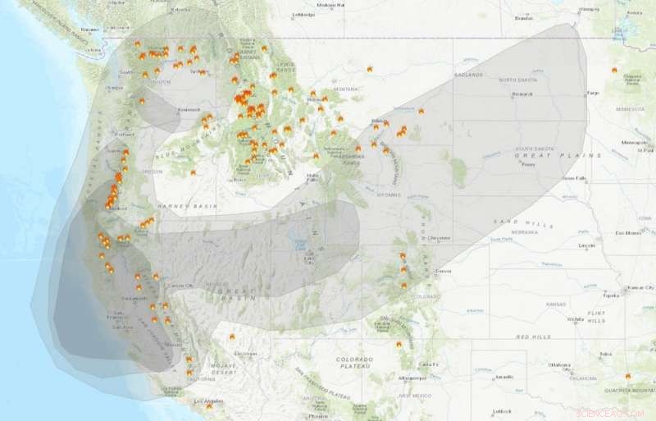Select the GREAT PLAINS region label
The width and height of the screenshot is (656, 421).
coord(557,155)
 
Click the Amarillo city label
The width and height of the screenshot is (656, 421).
coord(503,377)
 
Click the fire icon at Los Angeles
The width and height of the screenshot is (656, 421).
coord(209,405)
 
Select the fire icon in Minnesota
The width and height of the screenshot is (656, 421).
coord(614,70)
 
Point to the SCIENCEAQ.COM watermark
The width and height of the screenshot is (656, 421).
coord(610,414)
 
